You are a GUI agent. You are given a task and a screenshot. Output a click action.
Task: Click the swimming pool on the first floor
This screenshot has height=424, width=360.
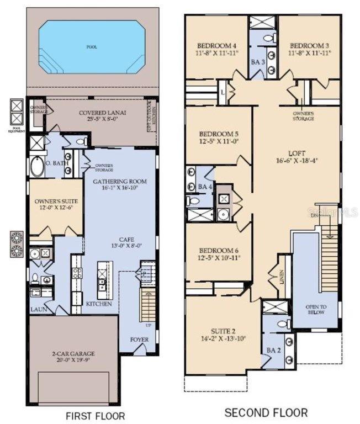(x=91, y=47)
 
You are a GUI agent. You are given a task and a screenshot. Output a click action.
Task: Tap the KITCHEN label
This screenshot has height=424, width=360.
(x=99, y=304)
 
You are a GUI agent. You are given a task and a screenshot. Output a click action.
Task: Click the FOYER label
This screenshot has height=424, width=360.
(x=139, y=340)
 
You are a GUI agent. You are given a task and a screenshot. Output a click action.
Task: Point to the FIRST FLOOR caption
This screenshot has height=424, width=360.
(x=95, y=415)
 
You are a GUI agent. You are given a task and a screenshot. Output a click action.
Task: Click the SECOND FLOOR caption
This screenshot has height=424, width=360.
(x=266, y=412)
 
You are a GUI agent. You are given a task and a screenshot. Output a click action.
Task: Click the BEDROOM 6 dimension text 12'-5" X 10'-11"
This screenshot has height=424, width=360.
(x=219, y=258)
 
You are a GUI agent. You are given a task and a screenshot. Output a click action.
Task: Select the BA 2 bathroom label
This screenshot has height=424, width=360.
(x=274, y=350)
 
